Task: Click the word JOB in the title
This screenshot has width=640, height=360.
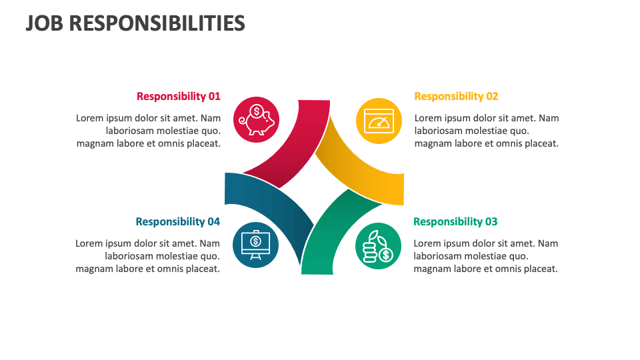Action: pos(45,23)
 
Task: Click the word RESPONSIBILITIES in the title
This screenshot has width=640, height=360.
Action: pos(157,23)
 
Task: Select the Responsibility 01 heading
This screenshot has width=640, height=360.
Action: pos(179,96)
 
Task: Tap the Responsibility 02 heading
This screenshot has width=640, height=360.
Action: pos(456,96)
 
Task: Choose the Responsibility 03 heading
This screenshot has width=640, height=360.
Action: pos(455,221)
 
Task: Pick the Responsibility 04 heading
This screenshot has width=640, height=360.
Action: pos(177,221)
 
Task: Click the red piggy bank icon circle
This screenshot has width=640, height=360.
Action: pos(256,119)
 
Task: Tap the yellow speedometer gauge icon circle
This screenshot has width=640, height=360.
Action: pos(379,121)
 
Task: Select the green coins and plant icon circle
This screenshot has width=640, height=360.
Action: pos(379,246)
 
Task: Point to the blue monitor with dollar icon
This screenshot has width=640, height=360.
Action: pos(255,245)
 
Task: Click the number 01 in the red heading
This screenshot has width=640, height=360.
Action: pos(215,96)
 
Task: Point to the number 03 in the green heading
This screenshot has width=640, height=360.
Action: pos(491,221)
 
